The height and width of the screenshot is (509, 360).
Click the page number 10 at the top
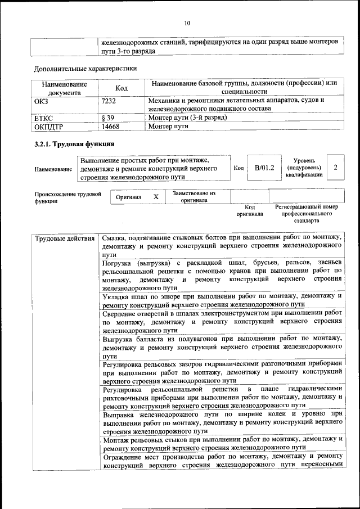point(187,22)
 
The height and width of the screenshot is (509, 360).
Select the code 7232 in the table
point(109,100)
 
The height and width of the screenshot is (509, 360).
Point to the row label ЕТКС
point(45,118)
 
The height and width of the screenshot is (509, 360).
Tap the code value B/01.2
point(264,168)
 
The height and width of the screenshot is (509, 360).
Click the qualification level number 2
point(336,168)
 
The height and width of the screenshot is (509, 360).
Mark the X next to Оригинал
point(156,197)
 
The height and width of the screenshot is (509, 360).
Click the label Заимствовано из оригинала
point(194,197)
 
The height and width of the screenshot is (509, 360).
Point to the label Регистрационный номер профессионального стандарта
point(307,214)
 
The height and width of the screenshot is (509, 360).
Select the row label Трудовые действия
point(65,238)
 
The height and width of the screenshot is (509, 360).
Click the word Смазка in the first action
point(115,238)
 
